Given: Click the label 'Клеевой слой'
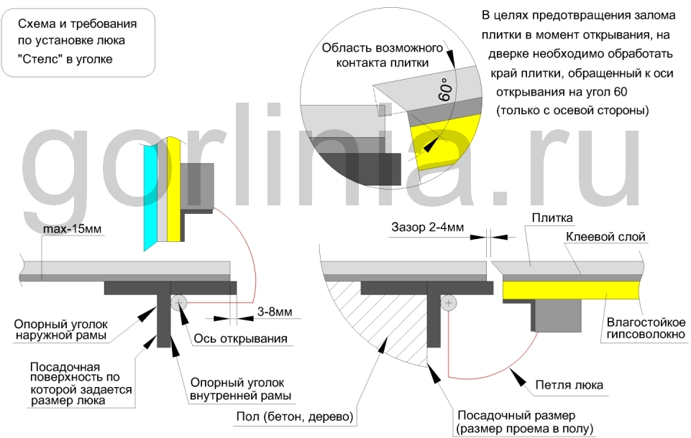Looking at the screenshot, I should (x=605, y=236).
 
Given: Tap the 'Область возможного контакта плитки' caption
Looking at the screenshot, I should (x=380, y=55).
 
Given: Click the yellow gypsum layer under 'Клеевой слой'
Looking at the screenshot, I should (x=568, y=290).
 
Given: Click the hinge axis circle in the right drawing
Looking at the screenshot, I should (x=449, y=304).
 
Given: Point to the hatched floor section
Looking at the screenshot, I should (x=374, y=323).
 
